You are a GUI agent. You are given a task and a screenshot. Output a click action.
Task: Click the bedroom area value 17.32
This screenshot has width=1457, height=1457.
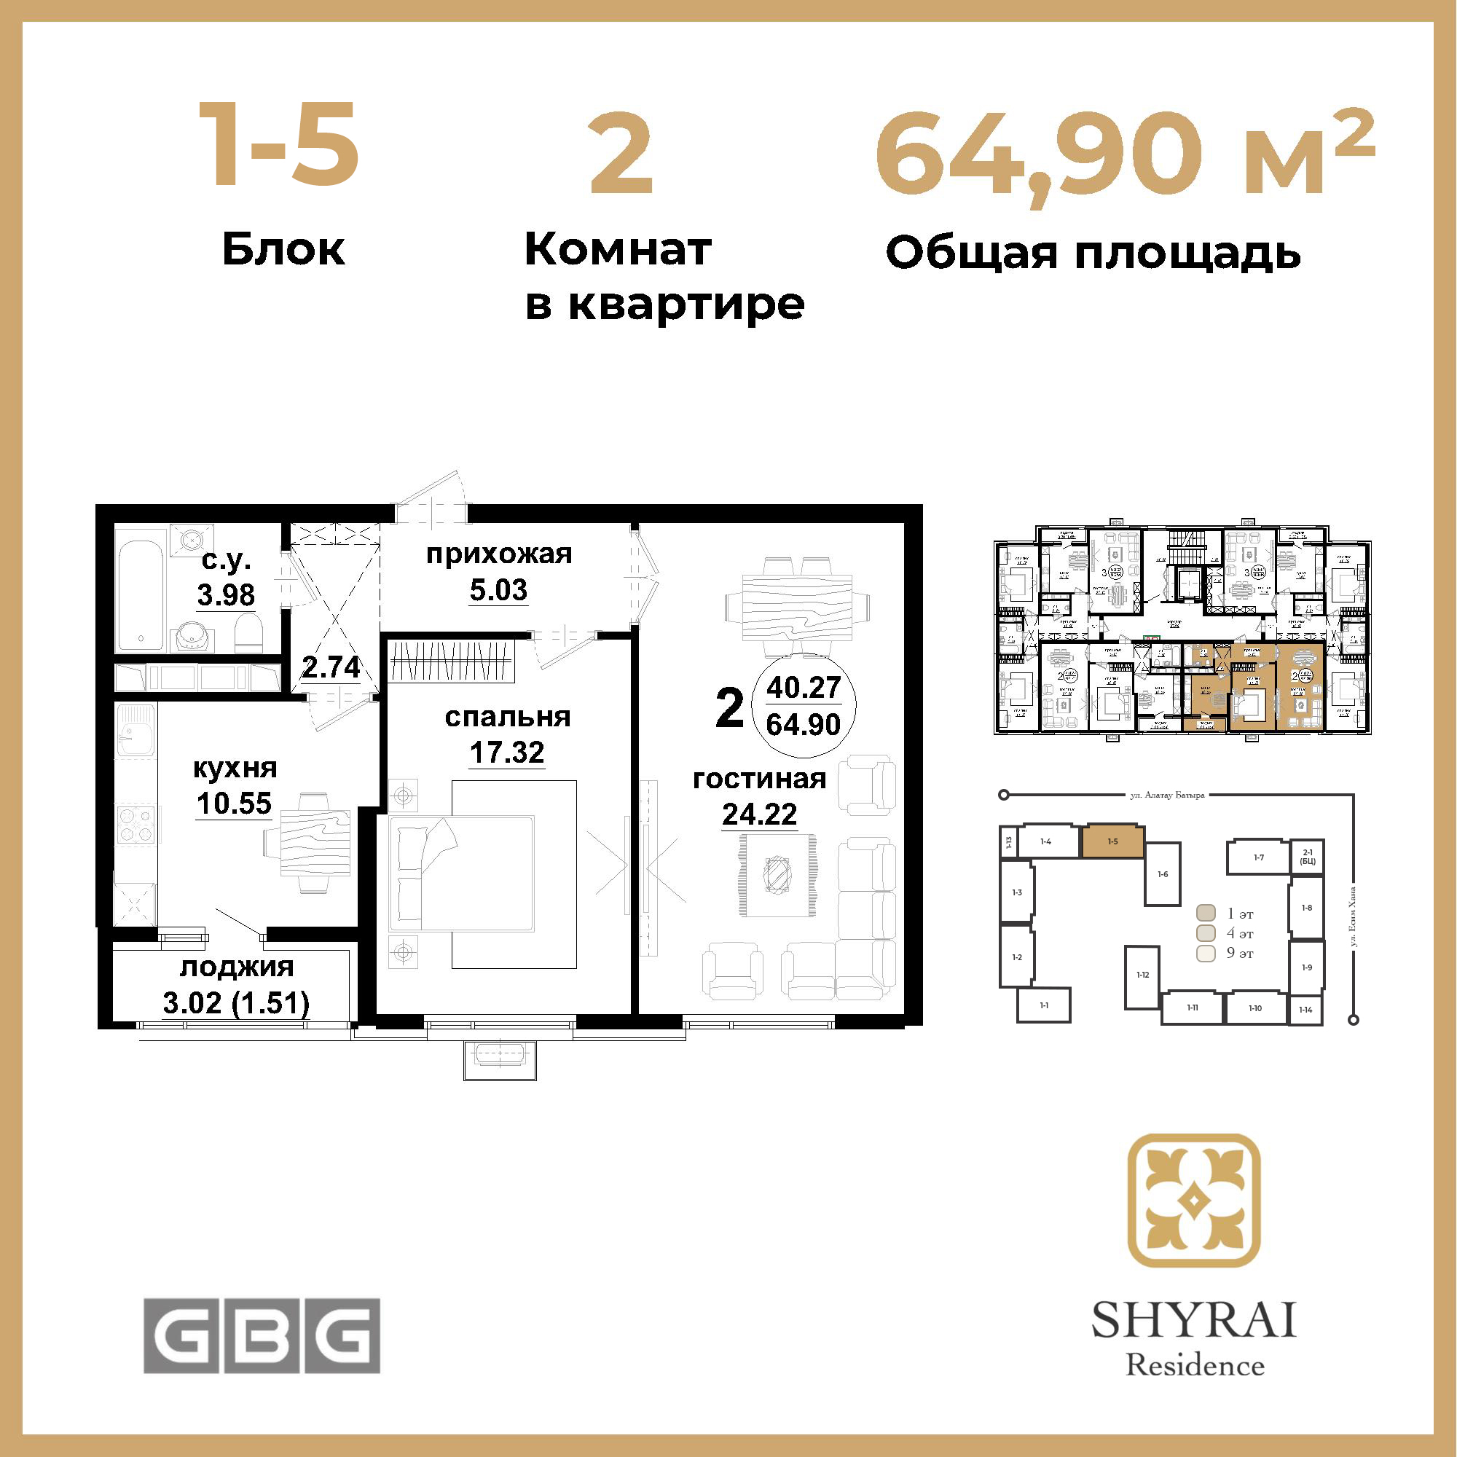(507, 752)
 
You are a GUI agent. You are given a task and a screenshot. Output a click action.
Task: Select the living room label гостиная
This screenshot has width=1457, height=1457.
(759, 778)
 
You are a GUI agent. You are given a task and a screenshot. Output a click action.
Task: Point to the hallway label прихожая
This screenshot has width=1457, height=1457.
(499, 554)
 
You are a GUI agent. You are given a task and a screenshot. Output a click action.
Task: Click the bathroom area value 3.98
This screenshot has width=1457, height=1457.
(226, 595)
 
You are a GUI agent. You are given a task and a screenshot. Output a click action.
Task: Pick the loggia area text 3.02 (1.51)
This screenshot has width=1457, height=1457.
(236, 1003)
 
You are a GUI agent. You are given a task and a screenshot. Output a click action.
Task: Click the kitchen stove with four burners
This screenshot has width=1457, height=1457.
(136, 823)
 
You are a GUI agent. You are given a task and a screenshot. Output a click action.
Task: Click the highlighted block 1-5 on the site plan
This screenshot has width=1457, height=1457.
(1113, 841)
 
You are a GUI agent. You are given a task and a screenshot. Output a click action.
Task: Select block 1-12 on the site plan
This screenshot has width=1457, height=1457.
(1142, 976)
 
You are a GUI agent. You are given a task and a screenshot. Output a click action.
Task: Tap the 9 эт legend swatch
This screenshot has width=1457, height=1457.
(1206, 953)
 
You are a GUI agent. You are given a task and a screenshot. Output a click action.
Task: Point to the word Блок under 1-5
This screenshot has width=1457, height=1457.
(283, 250)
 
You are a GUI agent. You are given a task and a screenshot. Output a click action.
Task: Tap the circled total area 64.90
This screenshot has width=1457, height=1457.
(803, 724)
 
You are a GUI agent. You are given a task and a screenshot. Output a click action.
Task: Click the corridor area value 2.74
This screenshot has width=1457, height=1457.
(330, 667)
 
